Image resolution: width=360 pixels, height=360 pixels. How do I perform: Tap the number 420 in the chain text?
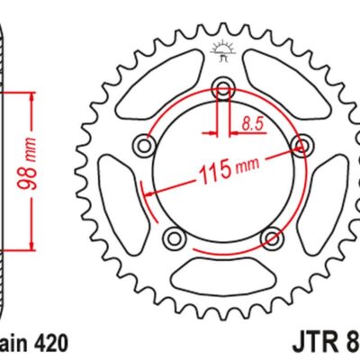point(48,343)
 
